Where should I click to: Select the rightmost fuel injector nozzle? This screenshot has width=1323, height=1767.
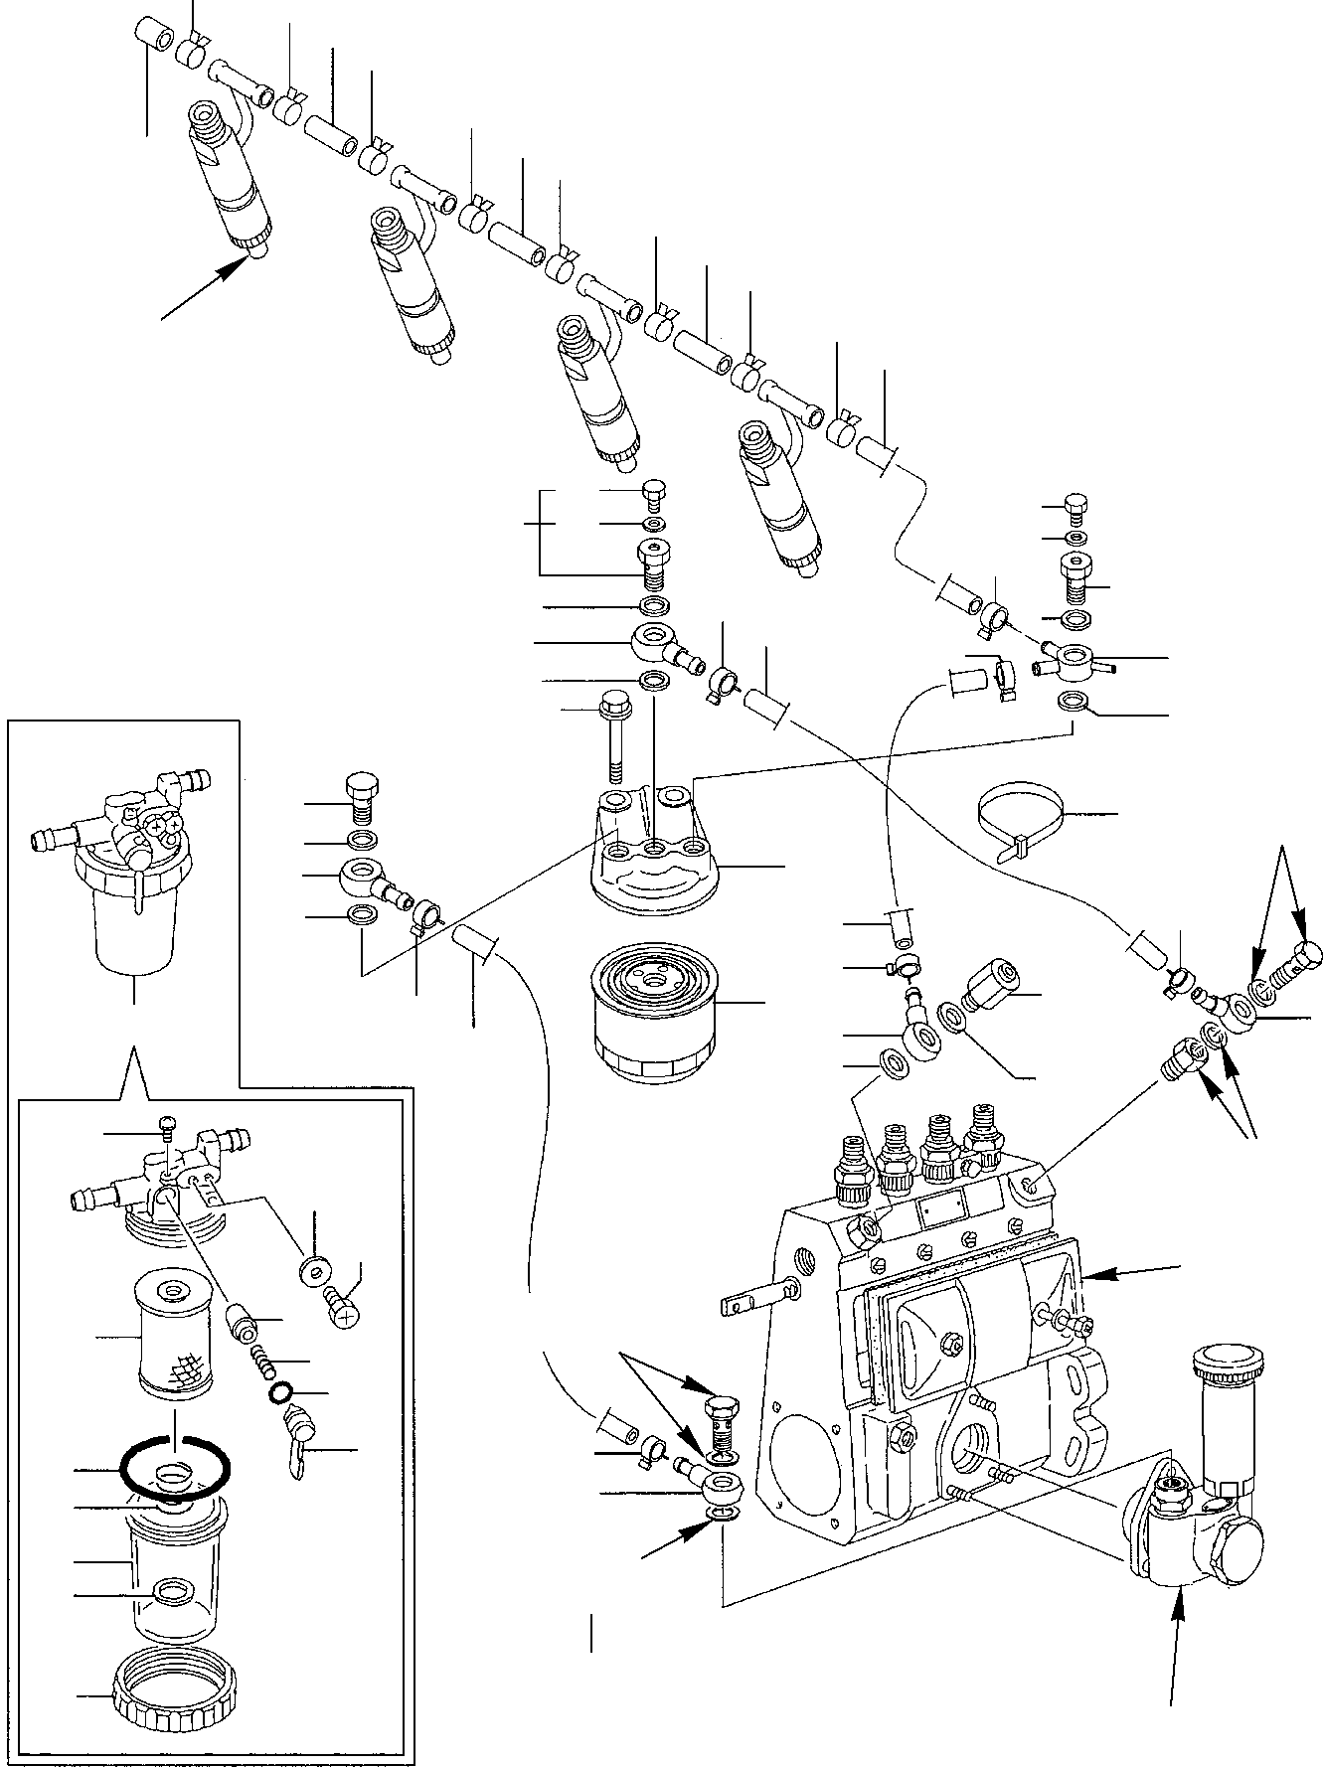pyautogui.click(x=785, y=497)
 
